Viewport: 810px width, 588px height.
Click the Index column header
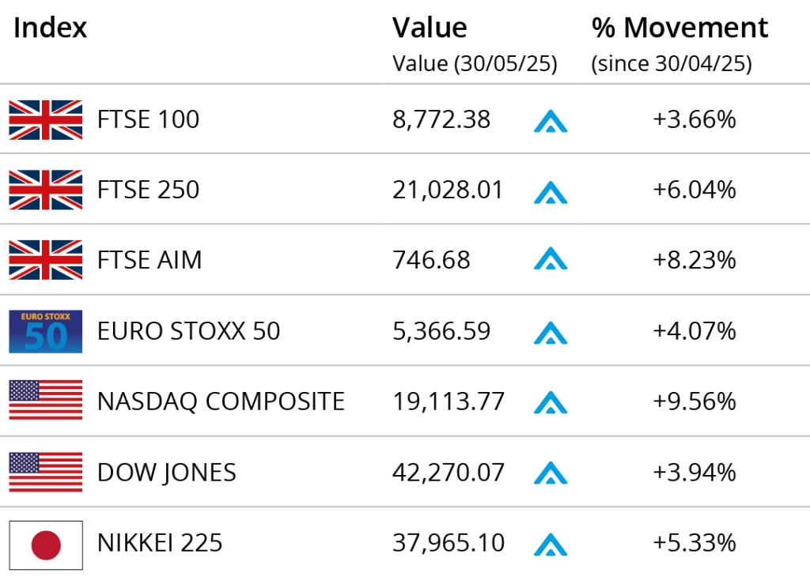coord(50,28)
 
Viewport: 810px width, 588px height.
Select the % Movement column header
coord(679,28)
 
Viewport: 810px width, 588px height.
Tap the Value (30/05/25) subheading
coord(475,63)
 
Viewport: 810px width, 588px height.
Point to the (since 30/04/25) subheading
coord(672,63)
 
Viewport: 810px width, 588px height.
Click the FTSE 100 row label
coord(148,119)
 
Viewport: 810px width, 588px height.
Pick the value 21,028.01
coord(448,190)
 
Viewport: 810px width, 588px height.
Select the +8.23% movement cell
coord(695,260)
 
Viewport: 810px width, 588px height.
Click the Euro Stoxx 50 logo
coord(45,331)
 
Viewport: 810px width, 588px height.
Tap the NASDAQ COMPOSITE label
coord(221,401)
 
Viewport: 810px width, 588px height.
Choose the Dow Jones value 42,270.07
coord(449,473)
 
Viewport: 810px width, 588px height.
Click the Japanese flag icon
coord(45,545)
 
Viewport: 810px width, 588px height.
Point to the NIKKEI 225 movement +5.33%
coord(695,543)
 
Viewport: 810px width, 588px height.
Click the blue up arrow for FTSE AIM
coord(551,258)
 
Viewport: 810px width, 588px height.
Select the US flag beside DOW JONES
coord(45,472)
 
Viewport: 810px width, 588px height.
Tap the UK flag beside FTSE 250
coord(45,190)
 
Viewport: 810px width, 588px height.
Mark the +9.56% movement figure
coord(695,401)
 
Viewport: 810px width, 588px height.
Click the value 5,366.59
coord(441,331)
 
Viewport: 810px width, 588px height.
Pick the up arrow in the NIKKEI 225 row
coord(551,545)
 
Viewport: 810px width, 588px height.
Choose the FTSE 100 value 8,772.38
coord(441,120)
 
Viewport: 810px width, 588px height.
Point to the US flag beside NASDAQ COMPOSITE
coord(45,400)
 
